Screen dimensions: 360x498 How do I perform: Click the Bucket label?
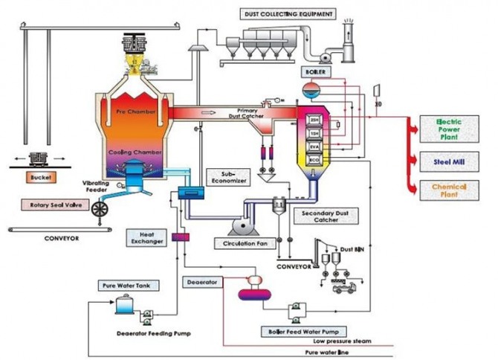point(39,179)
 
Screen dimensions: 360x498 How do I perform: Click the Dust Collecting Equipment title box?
point(288,13)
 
